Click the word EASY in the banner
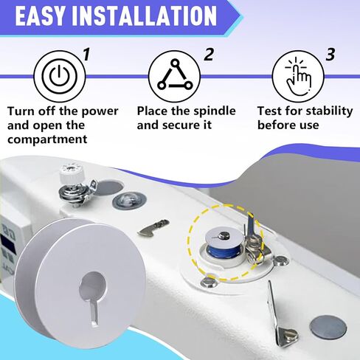40,16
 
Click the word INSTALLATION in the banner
144,16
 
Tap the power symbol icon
60,77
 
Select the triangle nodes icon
175,75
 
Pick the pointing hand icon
298,77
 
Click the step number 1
86,55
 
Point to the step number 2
209,55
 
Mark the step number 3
330,55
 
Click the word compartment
47,139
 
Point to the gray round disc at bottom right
328,328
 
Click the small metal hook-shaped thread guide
154,227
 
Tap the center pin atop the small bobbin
224,235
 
